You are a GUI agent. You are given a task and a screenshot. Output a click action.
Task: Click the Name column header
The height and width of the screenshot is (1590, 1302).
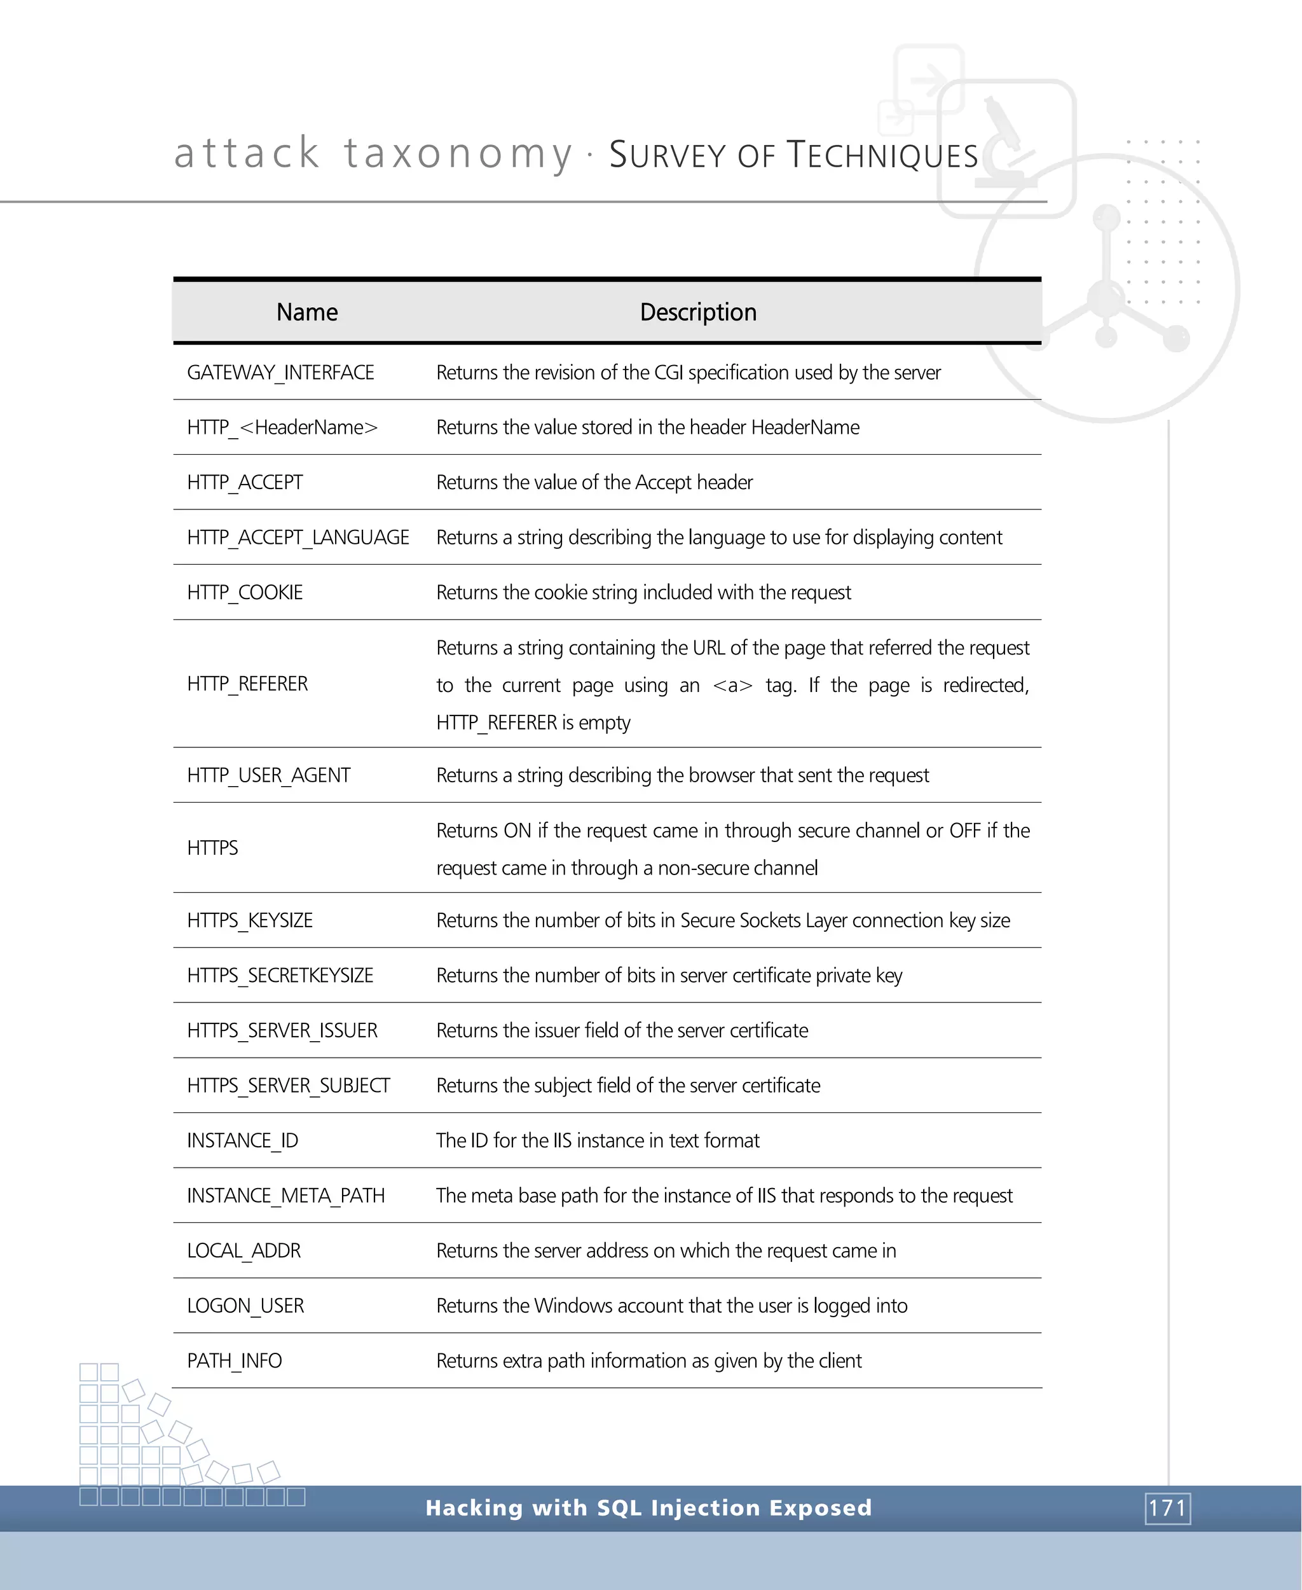[307, 312]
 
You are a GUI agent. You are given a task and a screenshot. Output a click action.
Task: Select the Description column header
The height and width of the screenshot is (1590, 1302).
[697, 312]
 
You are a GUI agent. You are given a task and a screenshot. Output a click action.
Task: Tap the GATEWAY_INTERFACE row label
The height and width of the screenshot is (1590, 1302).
[280, 373]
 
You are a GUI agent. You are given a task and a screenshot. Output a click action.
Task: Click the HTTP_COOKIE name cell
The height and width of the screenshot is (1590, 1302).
[245, 593]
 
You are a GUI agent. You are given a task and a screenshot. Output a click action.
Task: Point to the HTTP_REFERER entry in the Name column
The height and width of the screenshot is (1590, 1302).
[247, 684]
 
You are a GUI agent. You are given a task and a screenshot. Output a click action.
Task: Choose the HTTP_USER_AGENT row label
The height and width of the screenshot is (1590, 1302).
[268, 776]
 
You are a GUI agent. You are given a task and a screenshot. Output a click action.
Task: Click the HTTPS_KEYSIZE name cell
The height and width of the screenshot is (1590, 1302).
[250, 921]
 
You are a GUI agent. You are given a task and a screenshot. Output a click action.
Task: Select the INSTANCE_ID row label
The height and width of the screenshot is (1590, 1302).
[242, 1140]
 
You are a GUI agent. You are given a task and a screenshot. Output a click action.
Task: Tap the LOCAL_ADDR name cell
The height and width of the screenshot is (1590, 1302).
[243, 1251]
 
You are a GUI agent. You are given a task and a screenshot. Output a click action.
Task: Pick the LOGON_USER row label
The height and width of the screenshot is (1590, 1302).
[245, 1306]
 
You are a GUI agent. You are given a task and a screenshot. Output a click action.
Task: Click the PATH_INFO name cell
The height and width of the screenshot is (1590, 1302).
[234, 1361]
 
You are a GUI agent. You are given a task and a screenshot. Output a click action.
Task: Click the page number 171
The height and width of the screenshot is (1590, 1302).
[1167, 1508]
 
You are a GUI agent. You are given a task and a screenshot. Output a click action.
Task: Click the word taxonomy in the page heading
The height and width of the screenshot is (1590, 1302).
[458, 154]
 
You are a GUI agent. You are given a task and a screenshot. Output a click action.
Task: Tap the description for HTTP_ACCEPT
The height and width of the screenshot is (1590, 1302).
[594, 483]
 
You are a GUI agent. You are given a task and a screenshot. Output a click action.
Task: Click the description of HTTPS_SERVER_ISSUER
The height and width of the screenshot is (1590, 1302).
[622, 1031]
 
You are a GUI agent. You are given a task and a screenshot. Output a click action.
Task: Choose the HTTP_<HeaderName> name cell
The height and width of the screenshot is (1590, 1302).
[282, 427]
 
